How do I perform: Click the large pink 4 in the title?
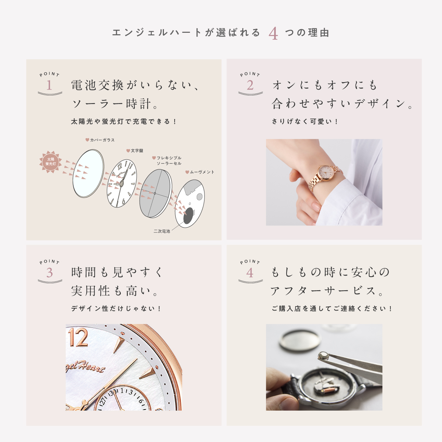273,34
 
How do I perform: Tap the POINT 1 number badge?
50,84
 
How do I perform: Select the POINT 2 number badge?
250,84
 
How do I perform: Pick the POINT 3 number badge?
50,271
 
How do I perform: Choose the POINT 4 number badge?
250,271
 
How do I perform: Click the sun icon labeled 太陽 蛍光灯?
50,162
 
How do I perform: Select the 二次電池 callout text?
162,231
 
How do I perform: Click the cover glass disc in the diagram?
88,173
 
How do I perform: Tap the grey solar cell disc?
156,193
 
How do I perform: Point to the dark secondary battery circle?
189,215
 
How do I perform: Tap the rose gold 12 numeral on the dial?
78,337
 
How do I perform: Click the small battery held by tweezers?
323,356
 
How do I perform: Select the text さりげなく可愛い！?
305,122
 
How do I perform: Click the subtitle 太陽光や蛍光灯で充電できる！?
123,122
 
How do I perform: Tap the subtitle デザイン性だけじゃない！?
116,309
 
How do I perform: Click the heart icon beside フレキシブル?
154,158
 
